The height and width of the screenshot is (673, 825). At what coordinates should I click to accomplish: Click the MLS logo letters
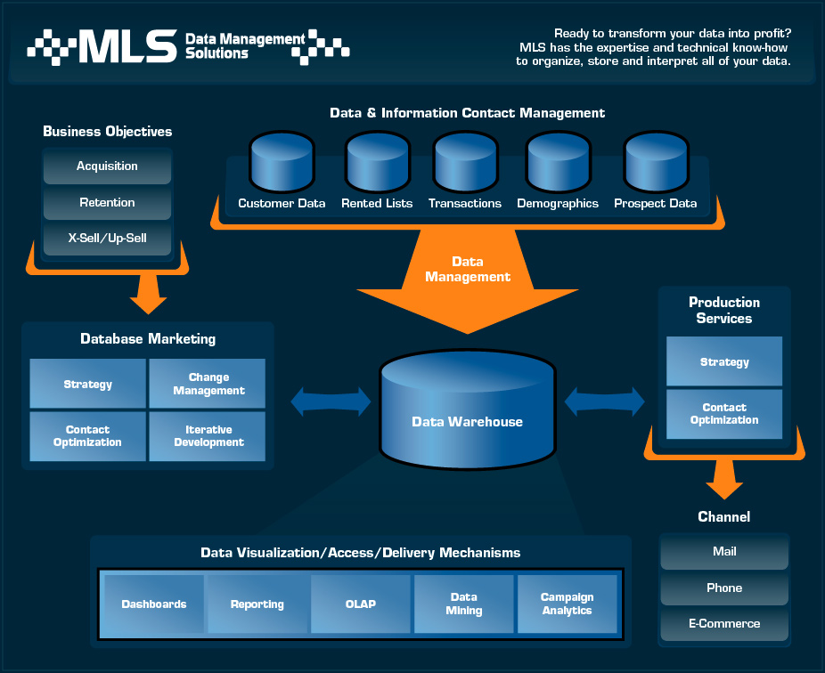[128, 45]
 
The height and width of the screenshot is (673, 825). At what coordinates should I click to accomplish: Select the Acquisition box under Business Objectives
[107, 166]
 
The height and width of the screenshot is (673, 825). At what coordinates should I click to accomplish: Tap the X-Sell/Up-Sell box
[107, 239]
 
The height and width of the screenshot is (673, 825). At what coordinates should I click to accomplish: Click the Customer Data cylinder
[282, 163]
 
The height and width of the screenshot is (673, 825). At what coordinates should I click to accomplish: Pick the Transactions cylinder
[466, 163]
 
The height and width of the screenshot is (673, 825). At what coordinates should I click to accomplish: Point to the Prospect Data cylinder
[656, 163]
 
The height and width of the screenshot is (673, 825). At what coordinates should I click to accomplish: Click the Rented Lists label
[377, 204]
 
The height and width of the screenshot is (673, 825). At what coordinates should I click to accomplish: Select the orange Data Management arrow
[468, 281]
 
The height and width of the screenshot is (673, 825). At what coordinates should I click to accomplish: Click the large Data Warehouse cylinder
[467, 409]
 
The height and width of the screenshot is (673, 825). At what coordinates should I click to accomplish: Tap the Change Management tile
[208, 384]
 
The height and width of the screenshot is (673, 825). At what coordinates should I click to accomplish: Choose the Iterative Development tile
[208, 436]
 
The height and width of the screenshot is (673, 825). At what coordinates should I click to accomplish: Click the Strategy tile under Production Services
[724, 361]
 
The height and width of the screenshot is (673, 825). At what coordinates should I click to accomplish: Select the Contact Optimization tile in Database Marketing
[88, 436]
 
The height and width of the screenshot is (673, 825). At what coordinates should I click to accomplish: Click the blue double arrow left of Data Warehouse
[331, 401]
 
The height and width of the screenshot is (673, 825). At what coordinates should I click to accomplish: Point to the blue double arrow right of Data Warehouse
[605, 401]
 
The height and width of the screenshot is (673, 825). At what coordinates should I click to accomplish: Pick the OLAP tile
[361, 604]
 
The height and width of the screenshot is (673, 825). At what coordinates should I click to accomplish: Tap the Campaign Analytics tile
[568, 604]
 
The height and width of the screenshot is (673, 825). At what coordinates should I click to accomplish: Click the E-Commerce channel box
[724, 624]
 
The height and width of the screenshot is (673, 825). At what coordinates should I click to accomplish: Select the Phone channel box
[724, 588]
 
